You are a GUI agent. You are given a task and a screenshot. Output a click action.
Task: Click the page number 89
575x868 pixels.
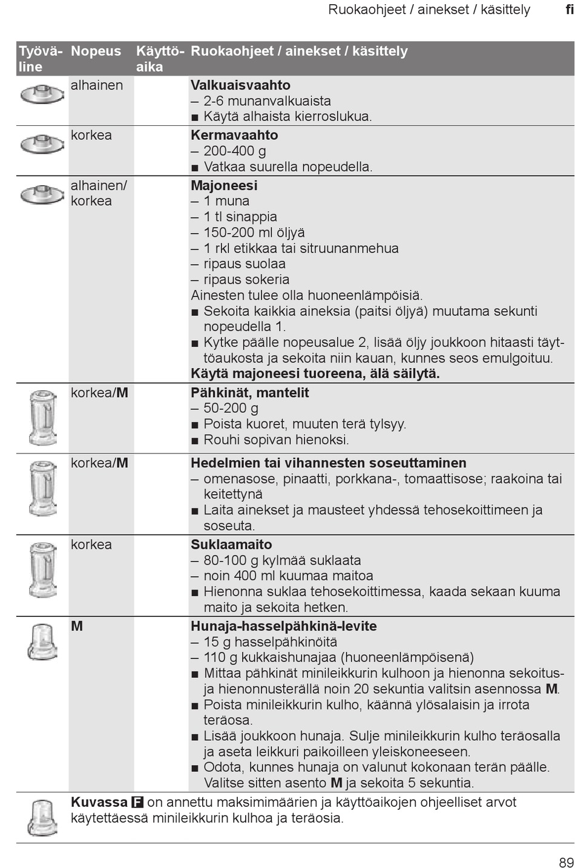[566, 862]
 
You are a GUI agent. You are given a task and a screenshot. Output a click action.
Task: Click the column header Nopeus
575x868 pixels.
[96, 51]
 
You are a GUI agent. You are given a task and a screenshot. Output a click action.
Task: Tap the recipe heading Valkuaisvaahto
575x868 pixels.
[240, 85]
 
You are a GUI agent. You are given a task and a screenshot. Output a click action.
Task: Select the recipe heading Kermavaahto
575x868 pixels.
[234, 135]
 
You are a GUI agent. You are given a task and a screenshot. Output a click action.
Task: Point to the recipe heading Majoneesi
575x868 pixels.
[224, 185]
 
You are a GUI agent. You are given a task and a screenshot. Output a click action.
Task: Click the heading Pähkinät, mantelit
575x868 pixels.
[249, 392]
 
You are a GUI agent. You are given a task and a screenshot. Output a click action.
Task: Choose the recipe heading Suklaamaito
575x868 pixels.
[231, 544]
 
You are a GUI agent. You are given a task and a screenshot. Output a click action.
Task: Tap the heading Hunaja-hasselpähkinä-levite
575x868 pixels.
[283, 626]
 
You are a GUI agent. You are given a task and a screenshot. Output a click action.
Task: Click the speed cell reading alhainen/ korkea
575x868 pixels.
[99, 193]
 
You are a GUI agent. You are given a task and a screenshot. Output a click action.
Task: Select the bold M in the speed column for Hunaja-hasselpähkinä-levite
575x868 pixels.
[77, 626]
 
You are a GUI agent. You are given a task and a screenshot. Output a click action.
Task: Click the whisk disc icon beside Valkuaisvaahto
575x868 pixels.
[42, 94]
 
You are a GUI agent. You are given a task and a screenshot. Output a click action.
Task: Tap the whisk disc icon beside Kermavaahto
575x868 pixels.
[42, 144]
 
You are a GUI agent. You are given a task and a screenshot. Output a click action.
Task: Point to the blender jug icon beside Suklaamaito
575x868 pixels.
[42, 569]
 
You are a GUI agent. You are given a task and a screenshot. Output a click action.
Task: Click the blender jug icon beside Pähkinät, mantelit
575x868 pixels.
[42, 418]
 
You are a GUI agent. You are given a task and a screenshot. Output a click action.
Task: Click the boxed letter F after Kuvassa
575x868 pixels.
[137, 803]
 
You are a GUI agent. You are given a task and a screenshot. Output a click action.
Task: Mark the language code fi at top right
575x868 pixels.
[570, 10]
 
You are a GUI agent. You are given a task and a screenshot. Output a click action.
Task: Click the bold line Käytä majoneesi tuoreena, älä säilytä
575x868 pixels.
[315, 373]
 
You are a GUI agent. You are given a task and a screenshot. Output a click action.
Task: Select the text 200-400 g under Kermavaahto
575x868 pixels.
[234, 151]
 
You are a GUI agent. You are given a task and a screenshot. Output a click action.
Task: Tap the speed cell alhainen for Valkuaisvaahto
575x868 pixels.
[96, 85]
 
